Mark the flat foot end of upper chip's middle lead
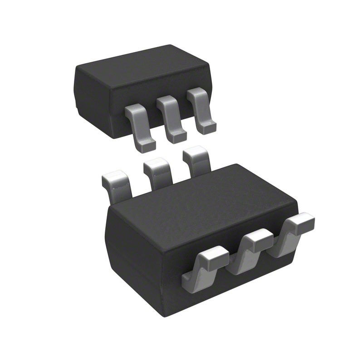pyautogui.click(x=177, y=136)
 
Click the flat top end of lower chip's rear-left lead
pyautogui.click(x=113, y=176)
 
